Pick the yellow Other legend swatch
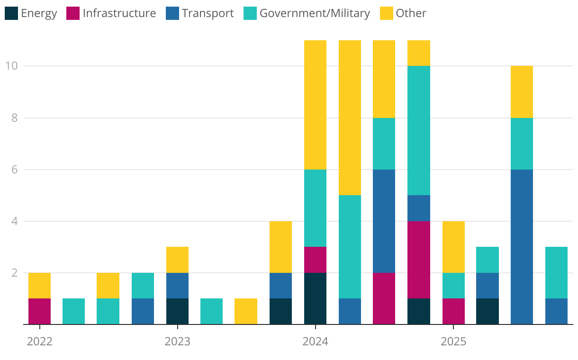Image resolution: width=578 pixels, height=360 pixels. click(387, 13)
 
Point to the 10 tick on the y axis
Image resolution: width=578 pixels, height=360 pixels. click(11, 66)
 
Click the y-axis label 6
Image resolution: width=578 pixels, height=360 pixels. click(14, 170)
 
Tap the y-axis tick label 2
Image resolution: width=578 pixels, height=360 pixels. click(14, 273)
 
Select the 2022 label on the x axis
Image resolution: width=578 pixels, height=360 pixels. click(40, 342)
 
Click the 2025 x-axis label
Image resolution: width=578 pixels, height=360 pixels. click(453, 342)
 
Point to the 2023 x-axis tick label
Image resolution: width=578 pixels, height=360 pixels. click(178, 342)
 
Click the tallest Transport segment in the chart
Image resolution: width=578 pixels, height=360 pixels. click(522, 247)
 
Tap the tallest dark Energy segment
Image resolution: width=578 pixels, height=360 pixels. click(315, 298)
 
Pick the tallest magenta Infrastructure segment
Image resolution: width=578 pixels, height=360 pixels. click(419, 260)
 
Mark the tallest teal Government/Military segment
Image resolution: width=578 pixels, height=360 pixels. click(419, 130)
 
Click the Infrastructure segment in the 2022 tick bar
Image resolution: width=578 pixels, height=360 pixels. click(40, 311)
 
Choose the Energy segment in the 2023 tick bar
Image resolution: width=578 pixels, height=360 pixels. click(178, 311)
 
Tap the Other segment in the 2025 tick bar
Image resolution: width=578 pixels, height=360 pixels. click(453, 247)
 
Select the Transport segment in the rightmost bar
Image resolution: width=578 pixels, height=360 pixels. click(556, 311)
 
